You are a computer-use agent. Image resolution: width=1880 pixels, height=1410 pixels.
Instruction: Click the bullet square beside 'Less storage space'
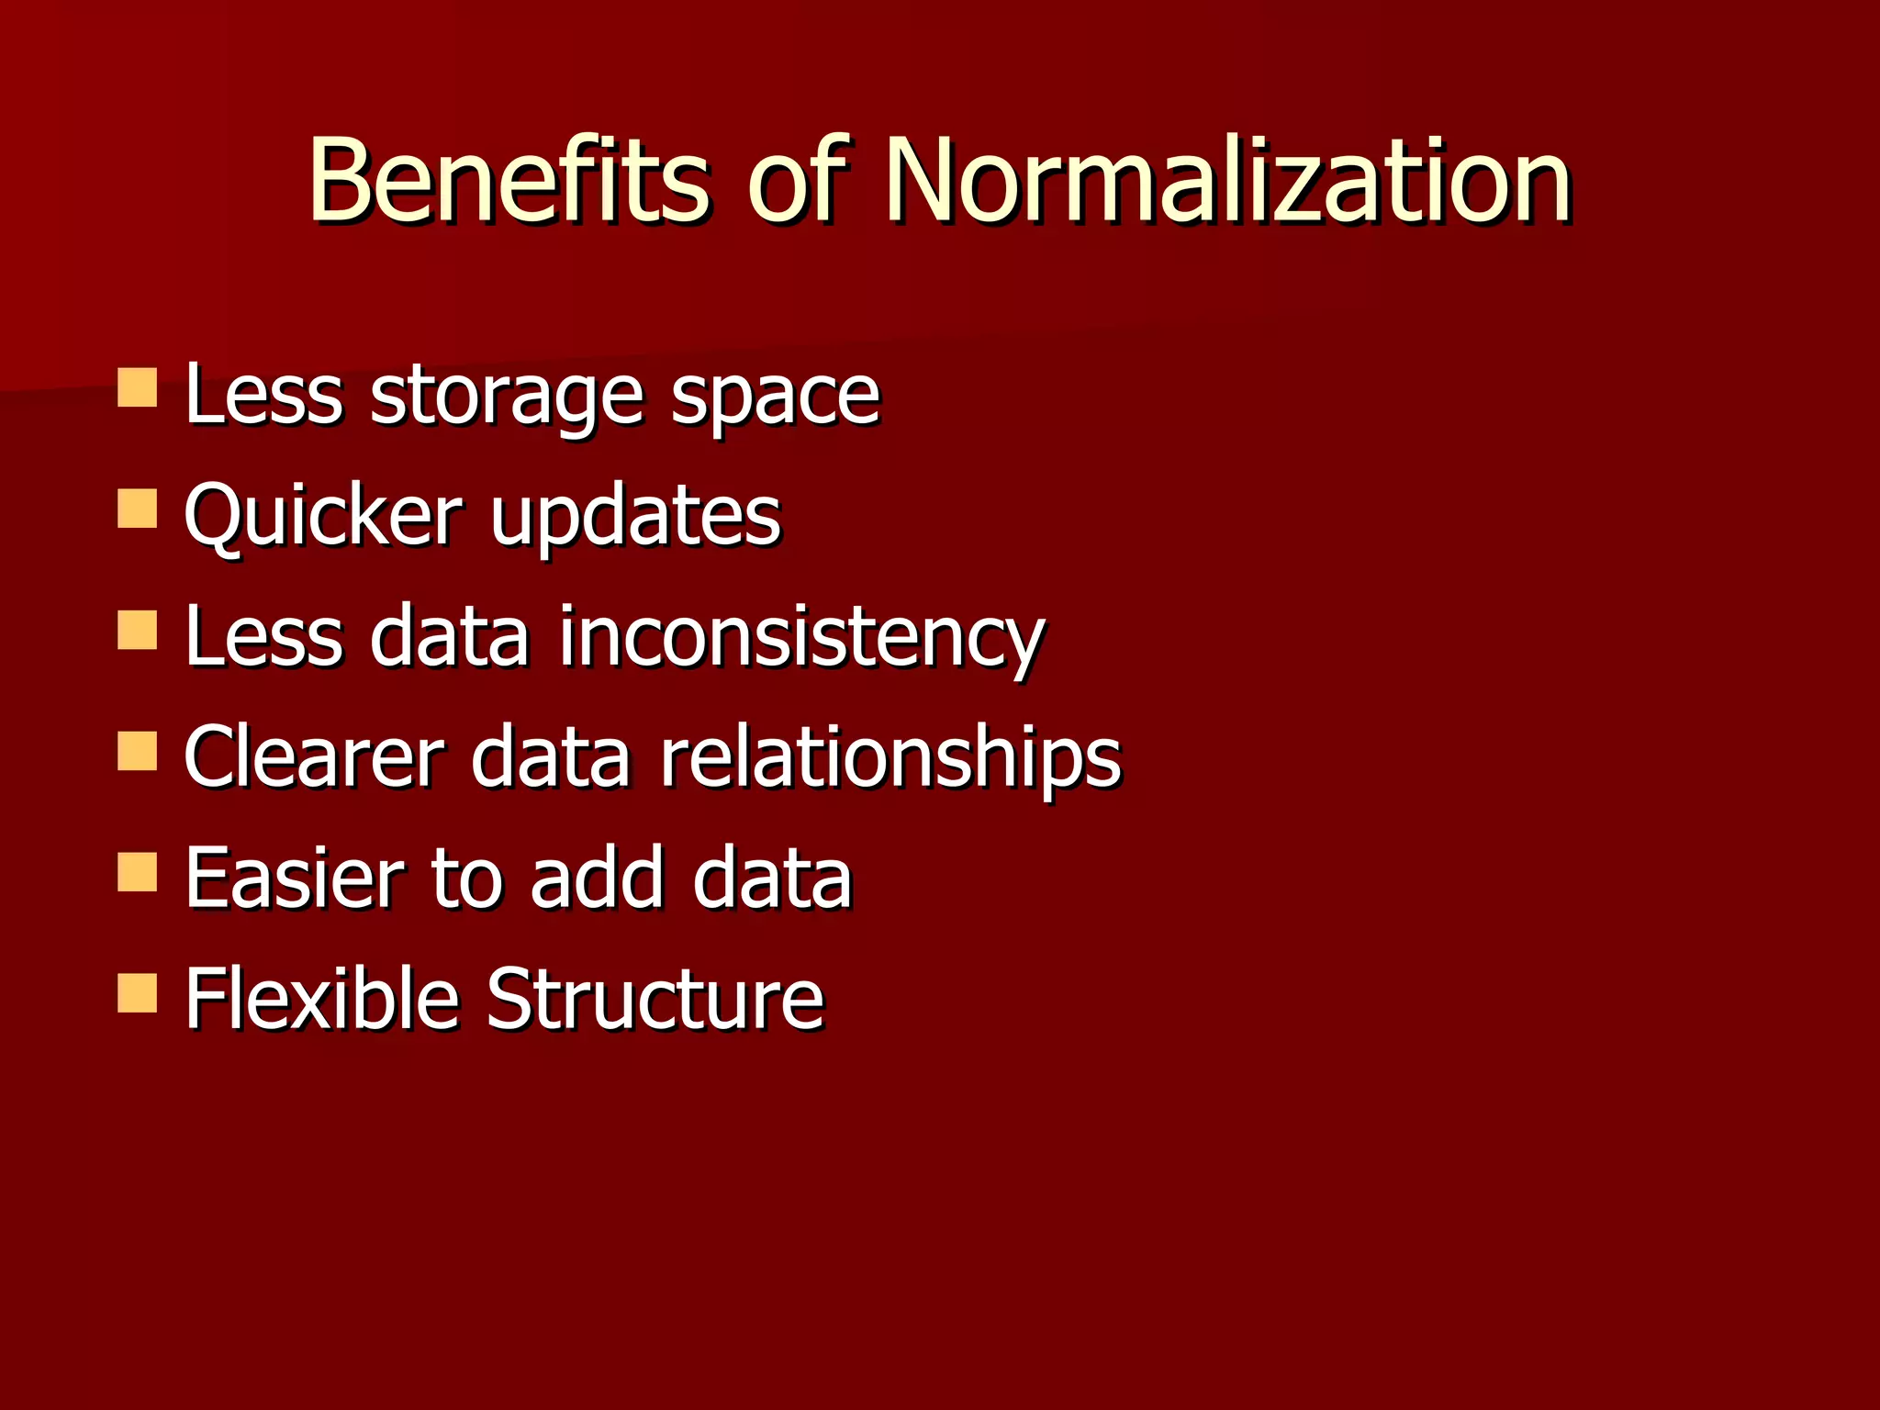tap(138, 387)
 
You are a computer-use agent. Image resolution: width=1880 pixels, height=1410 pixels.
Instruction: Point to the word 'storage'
tap(507, 397)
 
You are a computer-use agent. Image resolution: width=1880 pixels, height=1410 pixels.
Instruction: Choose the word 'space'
tap(776, 397)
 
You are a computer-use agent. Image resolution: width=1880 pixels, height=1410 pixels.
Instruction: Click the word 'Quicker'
tap(323, 516)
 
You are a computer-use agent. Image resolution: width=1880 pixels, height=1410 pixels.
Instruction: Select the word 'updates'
tap(635, 518)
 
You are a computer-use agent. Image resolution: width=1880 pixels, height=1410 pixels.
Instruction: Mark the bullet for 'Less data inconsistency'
tap(138, 630)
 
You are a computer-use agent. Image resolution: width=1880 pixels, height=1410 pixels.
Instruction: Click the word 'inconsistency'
tap(801, 638)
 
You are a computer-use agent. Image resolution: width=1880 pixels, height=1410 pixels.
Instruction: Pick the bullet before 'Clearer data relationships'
tap(138, 750)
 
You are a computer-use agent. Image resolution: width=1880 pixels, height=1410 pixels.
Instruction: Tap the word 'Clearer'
tap(314, 757)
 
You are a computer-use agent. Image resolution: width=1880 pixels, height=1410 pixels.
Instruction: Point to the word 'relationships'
tap(890, 759)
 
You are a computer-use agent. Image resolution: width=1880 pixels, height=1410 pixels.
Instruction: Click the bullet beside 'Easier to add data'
tap(138, 872)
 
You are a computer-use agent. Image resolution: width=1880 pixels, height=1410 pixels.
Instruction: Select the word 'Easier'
tap(294, 878)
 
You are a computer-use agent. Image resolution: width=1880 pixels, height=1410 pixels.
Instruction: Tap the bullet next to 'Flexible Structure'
tap(138, 992)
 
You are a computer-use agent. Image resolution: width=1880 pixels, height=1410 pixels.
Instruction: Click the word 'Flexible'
tap(321, 999)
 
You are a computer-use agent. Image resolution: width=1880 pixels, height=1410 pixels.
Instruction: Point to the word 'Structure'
tap(655, 999)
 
